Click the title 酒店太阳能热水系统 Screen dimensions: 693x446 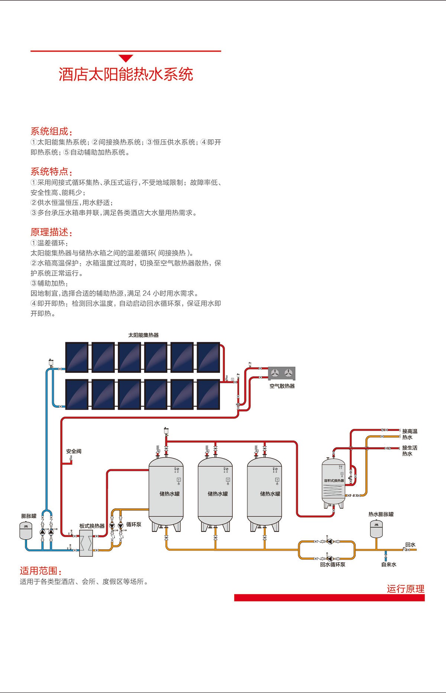coord(126,74)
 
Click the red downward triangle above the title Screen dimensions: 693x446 coord(126,58)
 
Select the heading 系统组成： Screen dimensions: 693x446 coord(51,131)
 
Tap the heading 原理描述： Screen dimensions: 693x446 coord(51,232)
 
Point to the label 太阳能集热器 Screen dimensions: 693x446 coord(143,335)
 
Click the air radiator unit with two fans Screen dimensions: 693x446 coord(282,373)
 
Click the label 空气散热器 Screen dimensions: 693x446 coord(282,386)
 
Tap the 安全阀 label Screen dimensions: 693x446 coord(74,451)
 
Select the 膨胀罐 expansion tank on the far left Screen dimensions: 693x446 coord(26,530)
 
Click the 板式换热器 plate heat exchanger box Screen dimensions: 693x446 coord(86,543)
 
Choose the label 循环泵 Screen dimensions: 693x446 coord(133,524)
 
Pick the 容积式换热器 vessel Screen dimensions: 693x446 coord(333,483)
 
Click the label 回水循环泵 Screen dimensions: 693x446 coord(333,565)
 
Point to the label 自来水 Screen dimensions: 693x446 coord(389,565)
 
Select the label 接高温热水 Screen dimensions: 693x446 coord(410,434)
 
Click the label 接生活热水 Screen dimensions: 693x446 coord(410,450)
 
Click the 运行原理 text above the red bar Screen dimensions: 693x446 coord(405,589)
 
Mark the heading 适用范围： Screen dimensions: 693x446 coord(41,571)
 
